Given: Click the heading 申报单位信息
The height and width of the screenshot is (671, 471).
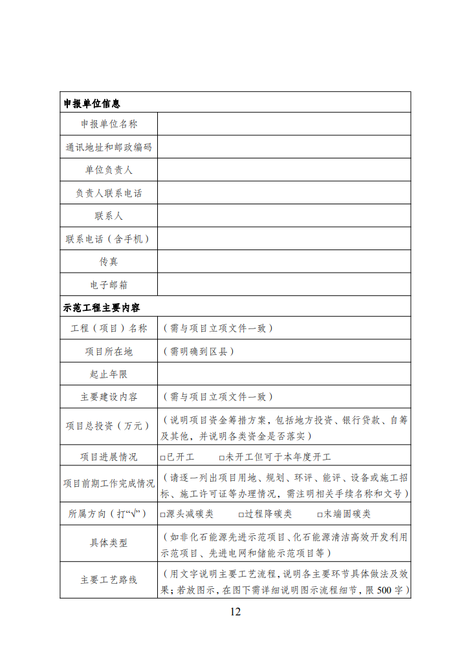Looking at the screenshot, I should click(x=91, y=103).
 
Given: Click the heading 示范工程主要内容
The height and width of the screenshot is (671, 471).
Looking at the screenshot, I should click(x=102, y=307).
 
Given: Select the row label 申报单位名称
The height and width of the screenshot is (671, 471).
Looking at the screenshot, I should click(x=109, y=124).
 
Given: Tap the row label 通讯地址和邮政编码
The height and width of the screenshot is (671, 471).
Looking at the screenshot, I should click(x=109, y=147).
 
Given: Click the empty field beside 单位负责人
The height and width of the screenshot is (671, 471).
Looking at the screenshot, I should click(x=283, y=170).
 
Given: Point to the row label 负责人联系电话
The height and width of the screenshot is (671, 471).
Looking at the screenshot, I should click(x=109, y=193).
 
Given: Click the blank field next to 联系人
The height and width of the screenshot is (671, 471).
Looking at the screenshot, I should click(x=283, y=215).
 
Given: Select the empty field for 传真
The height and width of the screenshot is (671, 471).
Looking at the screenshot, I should click(x=283, y=262).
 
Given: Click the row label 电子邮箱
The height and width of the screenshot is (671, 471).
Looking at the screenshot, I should click(x=109, y=284).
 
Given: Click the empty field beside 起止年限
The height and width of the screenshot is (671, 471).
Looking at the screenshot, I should click(x=283, y=374).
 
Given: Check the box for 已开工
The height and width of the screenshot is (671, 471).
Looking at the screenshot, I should click(x=163, y=458).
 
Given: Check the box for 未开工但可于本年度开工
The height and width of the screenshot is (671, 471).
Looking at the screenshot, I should click(x=222, y=458).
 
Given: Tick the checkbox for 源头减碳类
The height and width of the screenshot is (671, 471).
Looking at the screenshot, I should click(x=163, y=515).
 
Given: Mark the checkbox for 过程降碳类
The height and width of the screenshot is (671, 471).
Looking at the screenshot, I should click(x=241, y=515).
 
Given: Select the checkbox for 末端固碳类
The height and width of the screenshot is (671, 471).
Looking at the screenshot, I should click(x=320, y=515).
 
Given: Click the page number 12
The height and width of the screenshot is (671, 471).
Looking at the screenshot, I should click(x=235, y=612).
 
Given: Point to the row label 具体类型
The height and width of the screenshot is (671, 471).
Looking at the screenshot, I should click(x=109, y=543).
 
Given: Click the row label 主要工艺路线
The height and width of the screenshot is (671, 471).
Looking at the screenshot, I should click(x=109, y=580).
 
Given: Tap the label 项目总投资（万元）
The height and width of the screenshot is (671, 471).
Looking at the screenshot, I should click(x=109, y=426).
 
